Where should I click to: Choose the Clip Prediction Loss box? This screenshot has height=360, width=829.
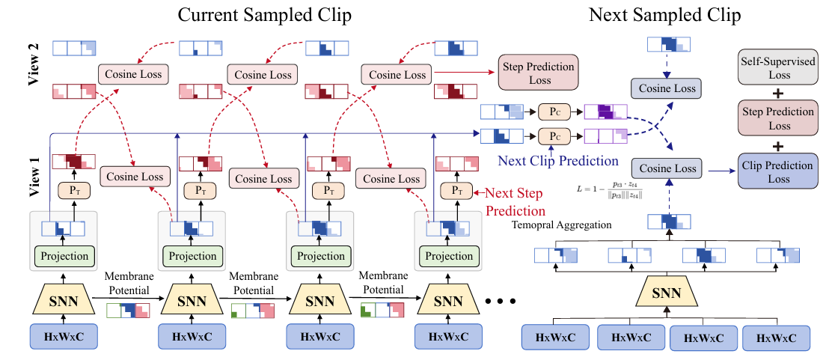[776, 170]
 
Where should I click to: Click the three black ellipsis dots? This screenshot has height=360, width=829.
[501, 301]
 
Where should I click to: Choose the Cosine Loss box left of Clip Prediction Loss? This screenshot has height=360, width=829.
[666, 167]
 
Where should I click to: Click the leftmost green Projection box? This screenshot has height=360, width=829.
[64, 255]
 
